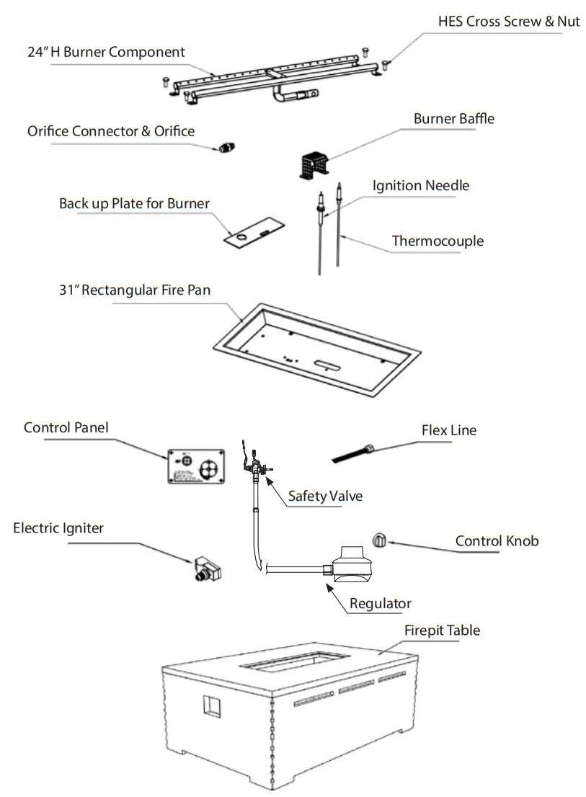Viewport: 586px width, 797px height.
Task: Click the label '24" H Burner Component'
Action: tap(106, 53)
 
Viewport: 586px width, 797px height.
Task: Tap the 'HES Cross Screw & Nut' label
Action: tap(509, 22)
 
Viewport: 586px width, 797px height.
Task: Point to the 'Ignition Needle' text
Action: tap(420, 186)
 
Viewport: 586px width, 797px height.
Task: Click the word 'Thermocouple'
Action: tap(438, 241)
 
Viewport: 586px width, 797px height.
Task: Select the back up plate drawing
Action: tap(252, 232)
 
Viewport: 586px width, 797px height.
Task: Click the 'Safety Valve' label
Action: tap(325, 496)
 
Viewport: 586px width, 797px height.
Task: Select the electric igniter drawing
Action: tap(206, 569)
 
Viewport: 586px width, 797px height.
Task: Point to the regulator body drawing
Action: tap(353, 563)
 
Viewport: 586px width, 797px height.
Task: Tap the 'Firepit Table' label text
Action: tap(442, 631)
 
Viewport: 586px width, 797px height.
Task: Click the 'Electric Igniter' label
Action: tap(58, 528)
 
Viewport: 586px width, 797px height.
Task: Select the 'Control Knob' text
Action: tap(497, 540)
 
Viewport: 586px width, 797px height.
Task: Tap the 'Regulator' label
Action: tap(380, 603)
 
